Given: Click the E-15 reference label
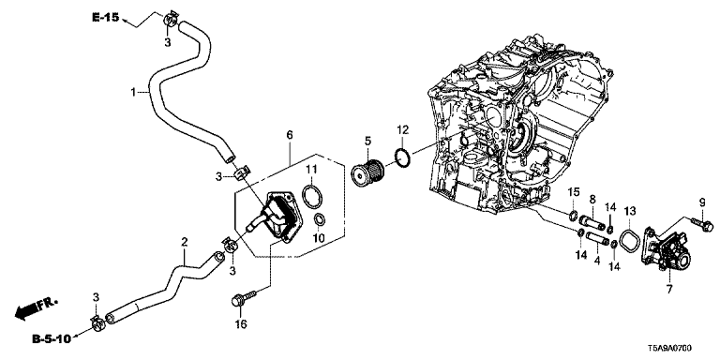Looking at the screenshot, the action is [x=106, y=18].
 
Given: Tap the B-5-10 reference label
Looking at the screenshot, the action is [x=52, y=339].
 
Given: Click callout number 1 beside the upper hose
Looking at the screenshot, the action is [x=133, y=93].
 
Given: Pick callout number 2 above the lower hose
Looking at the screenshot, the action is [x=184, y=242].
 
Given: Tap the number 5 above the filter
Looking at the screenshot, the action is [x=367, y=140].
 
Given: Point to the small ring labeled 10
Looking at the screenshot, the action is [x=319, y=221].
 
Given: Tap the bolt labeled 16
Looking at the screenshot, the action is [x=240, y=298].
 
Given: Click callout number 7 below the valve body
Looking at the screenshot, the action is [x=669, y=290].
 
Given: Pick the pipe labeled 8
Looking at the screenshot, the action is [x=592, y=221].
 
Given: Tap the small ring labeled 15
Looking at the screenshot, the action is [x=573, y=215].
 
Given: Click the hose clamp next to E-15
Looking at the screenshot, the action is [x=171, y=21].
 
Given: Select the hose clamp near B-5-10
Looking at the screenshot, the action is [x=98, y=323].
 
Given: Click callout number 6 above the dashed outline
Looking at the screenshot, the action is [x=290, y=135].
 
